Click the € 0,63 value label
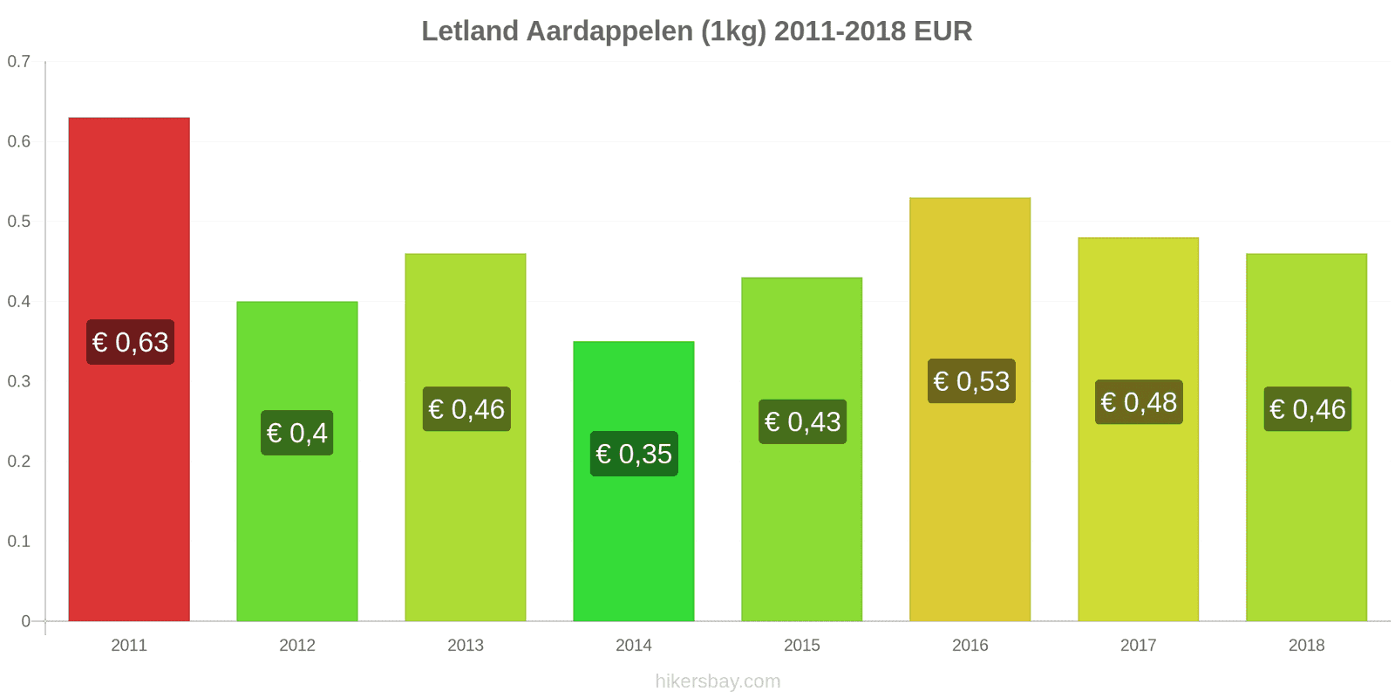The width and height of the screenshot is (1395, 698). click(130, 342)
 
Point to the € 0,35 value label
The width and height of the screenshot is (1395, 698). click(634, 454)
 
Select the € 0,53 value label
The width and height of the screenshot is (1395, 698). click(971, 381)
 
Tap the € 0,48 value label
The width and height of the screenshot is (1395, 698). click(1139, 402)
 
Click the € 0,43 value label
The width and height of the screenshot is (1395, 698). click(802, 422)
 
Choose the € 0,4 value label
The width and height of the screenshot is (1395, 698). click(297, 433)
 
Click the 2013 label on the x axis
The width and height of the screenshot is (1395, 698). click(466, 646)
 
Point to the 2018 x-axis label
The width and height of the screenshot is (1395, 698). click(1306, 646)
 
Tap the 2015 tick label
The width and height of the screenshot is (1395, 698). click(802, 646)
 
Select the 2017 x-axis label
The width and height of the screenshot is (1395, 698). click(1138, 646)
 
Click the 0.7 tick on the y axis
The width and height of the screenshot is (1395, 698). click(19, 62)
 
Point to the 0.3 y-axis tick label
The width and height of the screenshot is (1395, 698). click(19, 381)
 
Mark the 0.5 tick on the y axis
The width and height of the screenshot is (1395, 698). click(19, 222)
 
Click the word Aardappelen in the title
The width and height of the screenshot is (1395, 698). click(646, 31)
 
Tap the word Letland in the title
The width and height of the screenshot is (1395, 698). click(470, 31)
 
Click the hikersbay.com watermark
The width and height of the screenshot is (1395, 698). click(718, 681)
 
